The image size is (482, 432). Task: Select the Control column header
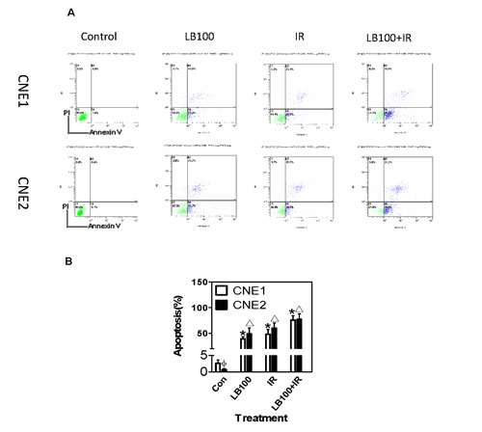click(x=98, y=38)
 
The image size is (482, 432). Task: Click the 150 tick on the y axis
click(x=199, y=283)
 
